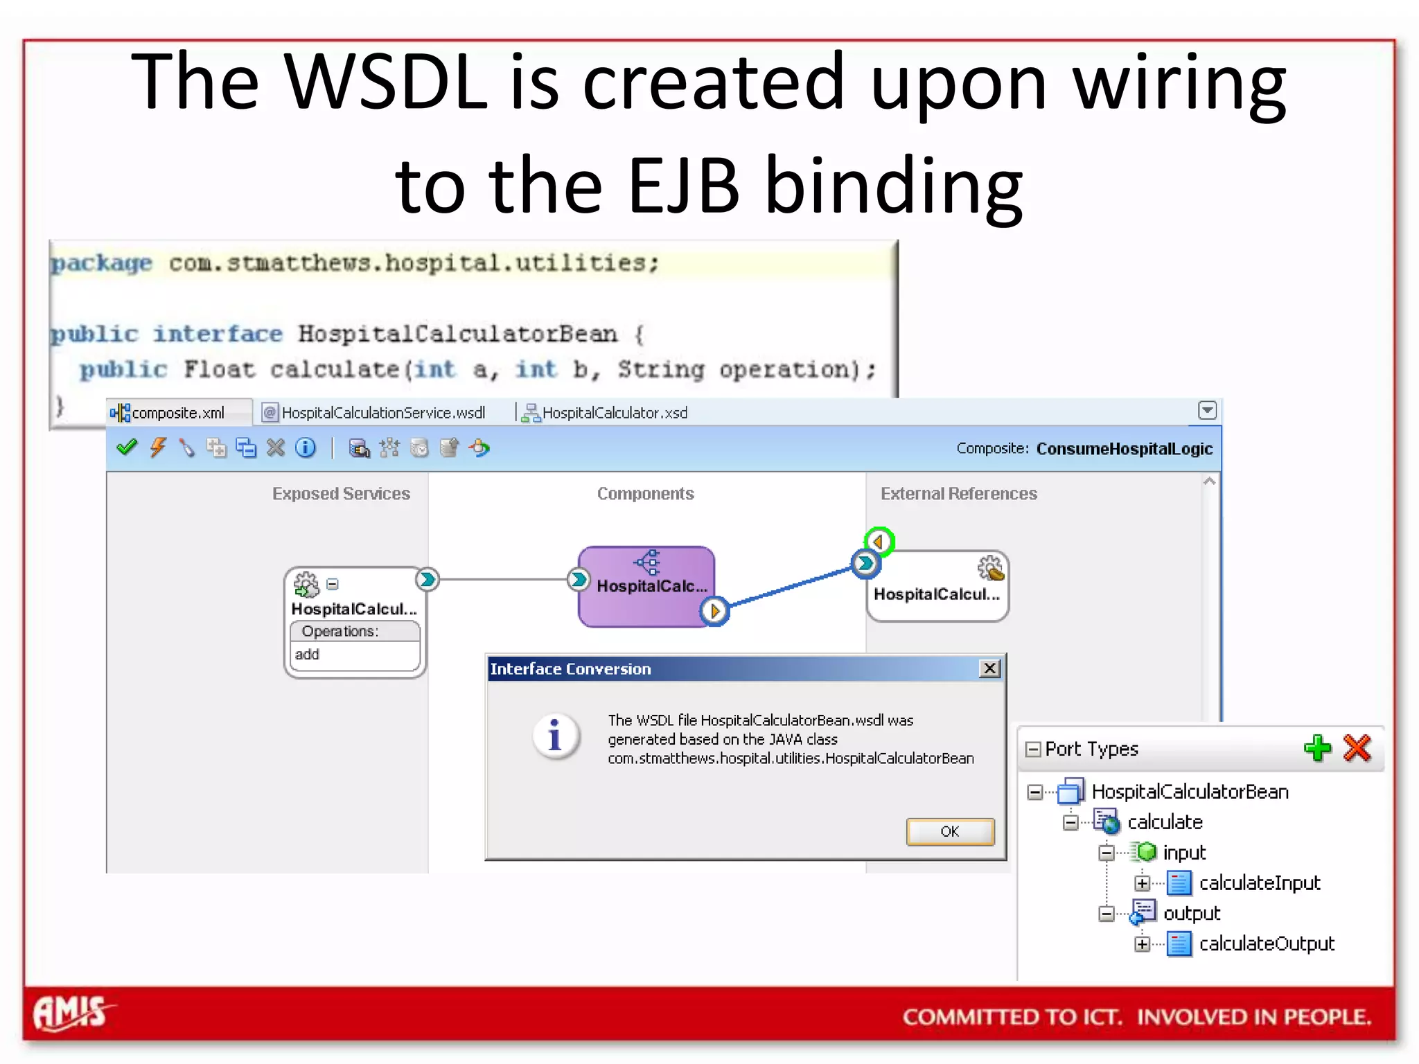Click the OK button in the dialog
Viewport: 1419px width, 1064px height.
point(949,831)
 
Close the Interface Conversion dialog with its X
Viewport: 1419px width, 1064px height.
point(990,668)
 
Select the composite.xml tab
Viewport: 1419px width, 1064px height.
point(177,413)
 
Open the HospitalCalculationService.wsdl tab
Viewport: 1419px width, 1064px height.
point(382,413)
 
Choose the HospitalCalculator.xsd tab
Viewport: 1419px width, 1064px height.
point(614,413)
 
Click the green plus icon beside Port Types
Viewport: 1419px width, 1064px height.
point(1317,748)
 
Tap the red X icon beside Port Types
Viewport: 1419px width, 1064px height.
point(1357,748)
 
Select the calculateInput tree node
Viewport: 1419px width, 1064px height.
point(1259,883)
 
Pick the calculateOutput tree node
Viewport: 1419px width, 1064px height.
point(1266,943)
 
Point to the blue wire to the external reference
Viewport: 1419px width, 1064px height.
point(790,587)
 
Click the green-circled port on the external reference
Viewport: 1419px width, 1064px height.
point(879,541)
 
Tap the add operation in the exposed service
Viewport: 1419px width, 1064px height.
point(308,655)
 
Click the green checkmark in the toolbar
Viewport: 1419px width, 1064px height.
point(127,447)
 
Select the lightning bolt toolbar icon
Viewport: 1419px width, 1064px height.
point(159,447)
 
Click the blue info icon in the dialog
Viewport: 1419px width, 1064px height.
point(555,736)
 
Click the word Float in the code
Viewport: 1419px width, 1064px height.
point(219,369)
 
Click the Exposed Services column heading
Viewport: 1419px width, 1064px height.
point(341,494)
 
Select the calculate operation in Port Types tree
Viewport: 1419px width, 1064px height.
point(1165,822)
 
